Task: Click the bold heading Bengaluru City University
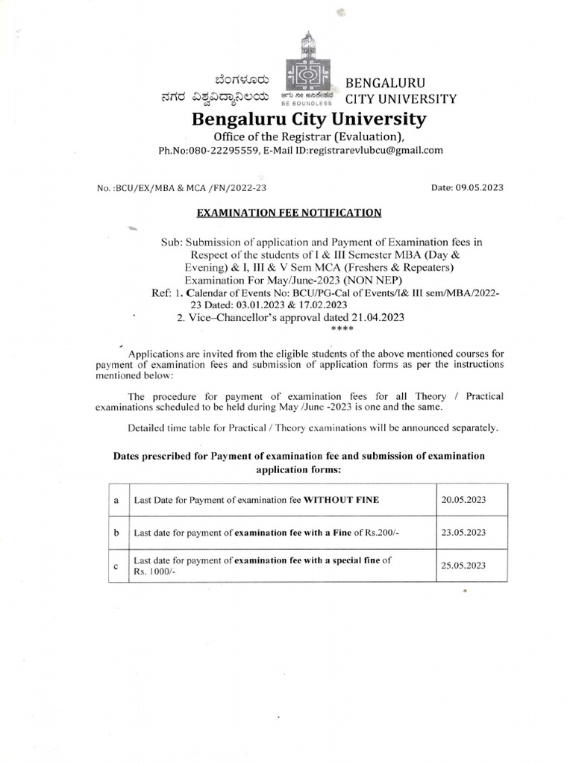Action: [x=310, y=119]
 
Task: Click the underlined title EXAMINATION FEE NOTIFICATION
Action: [x=288, y=213]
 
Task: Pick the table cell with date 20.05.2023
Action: [x=463, y=499]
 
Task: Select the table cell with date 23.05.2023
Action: [x=463, y=533]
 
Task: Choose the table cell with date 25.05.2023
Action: [x=463, y=566]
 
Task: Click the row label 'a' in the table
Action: [x=116, y=500]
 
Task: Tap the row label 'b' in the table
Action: [x=116, y=533]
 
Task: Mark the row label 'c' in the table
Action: [x=116, y=566]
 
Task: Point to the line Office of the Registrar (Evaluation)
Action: [x=309, y=136]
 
